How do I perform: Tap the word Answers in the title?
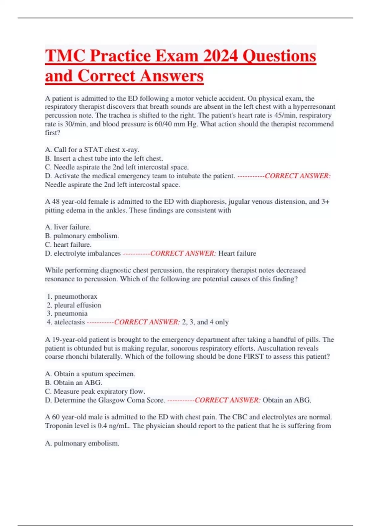(x=172, y=76)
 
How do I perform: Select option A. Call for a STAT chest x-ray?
(x=92, y=150)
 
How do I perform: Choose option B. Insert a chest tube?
(x=104, y=158)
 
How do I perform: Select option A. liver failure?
(x=68, y=227)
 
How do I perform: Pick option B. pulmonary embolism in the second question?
(x=82, y=236)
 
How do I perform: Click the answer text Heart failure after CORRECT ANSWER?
(x=237, y=253)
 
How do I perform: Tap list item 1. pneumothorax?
(x=72, y=296)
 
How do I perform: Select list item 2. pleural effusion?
(x=74, y=305)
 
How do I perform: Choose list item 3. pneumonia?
(x=67, y=313)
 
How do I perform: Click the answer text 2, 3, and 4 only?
(x=205, y=322)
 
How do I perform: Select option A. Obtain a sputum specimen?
(x=90, y=374)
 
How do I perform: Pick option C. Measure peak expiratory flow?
(x=95, y=391)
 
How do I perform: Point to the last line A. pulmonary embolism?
(x=82, y=443)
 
